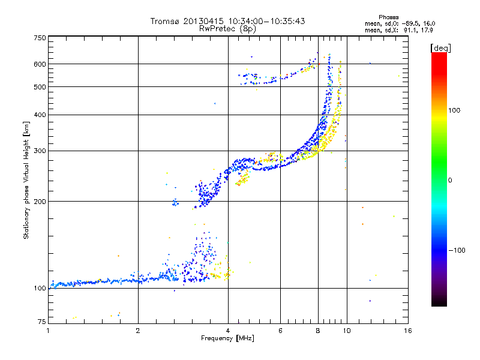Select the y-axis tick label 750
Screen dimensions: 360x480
point(40,38)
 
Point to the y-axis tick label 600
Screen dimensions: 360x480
point(40,64)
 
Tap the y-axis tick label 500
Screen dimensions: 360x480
point(40,87)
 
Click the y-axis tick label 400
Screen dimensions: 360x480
point(40,115)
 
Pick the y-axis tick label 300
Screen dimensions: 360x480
point(40,151)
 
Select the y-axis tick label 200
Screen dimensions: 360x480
point(40,202)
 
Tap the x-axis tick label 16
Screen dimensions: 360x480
point(407,331)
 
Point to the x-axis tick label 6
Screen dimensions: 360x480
point(280,331)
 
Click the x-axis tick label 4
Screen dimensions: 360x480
point(228,331)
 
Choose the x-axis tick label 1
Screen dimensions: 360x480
point(48,331)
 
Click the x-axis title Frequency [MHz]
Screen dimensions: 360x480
point(227,338)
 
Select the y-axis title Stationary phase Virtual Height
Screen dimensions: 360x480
point(26,180)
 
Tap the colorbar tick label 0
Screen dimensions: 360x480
point(450,180)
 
